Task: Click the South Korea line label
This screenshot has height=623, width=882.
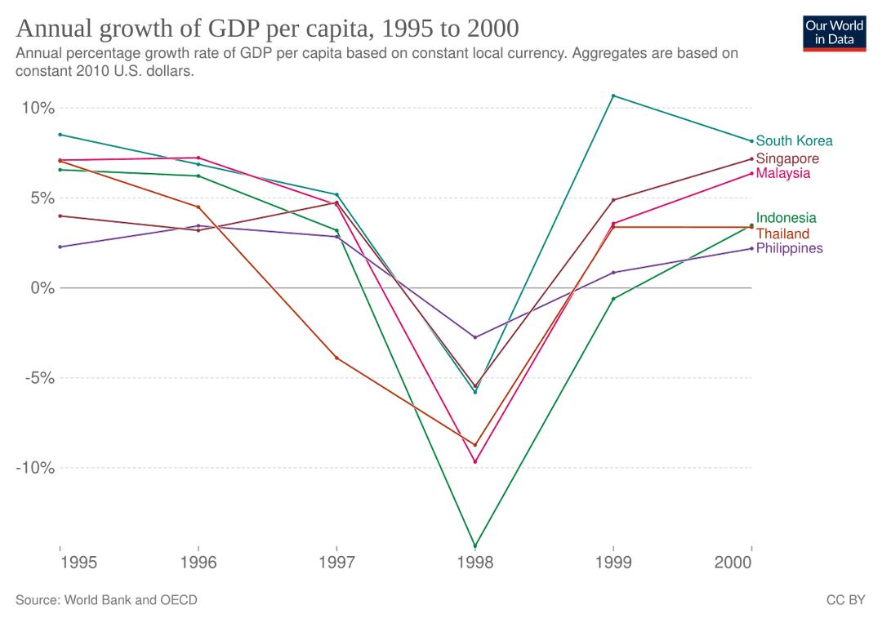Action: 794,141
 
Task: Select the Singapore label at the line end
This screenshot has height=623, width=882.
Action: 787,158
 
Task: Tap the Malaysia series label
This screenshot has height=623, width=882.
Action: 783,174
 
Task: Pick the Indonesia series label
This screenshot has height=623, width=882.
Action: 786,218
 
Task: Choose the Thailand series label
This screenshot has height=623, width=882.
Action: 783,234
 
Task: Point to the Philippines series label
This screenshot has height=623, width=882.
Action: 789,248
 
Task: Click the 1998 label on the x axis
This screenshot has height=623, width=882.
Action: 474,563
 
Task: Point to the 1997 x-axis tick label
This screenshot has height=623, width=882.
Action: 336,563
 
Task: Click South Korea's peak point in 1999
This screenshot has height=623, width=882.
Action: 612,96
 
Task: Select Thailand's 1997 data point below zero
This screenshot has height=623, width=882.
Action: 336,358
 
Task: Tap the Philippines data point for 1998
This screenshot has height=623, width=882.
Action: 474,336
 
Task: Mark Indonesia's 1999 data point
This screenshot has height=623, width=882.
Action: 612,298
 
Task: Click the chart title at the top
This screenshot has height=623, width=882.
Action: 266,29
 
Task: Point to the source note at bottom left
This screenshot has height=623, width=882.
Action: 106,600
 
